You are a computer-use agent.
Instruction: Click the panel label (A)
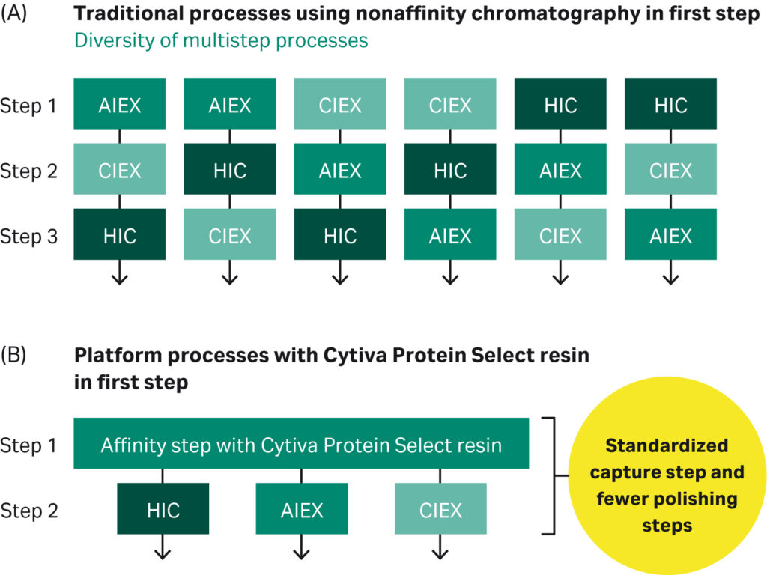pos(16,14)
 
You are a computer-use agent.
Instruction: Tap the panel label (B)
pos(16,354)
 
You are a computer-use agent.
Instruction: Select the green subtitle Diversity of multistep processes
pos(221,40)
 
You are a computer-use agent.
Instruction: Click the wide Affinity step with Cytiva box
pos(301,445)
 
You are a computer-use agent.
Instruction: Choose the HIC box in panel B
pos(163,510)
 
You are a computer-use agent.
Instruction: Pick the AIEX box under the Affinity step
pos(301,510)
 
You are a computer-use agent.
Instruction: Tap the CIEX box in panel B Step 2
pos(440,510)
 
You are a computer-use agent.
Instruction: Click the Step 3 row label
pos(28,237)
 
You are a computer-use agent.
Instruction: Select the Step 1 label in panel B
pos(28,445)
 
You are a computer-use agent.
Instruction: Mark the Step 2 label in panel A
pos(28,171)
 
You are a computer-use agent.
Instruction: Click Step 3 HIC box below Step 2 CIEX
pos(119,236)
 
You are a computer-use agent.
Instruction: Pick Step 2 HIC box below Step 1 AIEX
pos(229,171)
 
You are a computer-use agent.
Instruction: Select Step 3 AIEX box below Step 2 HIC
pos(450,236)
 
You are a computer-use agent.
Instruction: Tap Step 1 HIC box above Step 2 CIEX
pos(670,105)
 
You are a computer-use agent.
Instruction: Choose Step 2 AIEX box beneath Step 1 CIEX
pos(340,171)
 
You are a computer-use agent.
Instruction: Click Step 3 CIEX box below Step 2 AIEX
pos(560,236)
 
